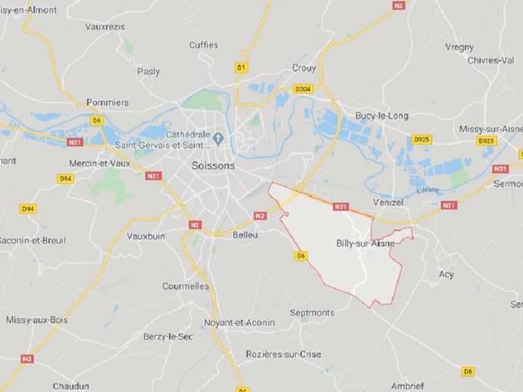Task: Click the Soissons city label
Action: (213, 165)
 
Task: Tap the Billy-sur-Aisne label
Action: (365, 243)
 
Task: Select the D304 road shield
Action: (303, 89)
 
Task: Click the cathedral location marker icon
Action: (219, 135)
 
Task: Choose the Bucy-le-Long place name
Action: (381, 115)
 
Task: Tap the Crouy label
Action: (303, 68)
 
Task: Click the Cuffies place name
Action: (203, 45)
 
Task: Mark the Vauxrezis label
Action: (105, 26)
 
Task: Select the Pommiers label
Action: (107, 102)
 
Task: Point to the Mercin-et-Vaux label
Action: (99, 164)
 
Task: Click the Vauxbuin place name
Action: (145, 235)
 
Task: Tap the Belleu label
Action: (246, 235)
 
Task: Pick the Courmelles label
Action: (185, 286)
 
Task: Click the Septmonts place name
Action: (312, 312)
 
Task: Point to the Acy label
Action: (446, 274)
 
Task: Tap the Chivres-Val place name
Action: (491, 60)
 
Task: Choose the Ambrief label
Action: (407, 386)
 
